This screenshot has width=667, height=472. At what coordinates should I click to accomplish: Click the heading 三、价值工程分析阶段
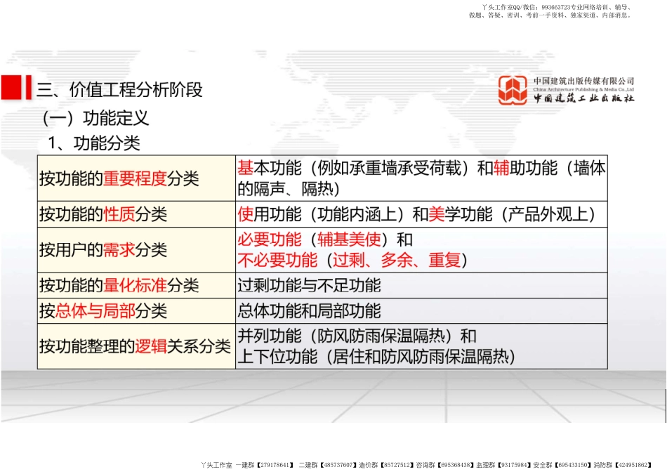pyautogui.click(x=119, y=90)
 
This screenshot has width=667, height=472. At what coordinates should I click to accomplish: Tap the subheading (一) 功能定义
pyautogui.click(x=96, y=117)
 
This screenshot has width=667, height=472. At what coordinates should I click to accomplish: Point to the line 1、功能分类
pyautogui.click(x=94, y=143)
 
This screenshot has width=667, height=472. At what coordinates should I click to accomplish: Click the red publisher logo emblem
pyautogui.click(x=513, y=91)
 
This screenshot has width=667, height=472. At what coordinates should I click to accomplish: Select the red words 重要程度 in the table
pyautogui.click(x=135, y=178)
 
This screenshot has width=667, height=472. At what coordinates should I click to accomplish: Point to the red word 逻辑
pyautogui.click(x=151, y=346)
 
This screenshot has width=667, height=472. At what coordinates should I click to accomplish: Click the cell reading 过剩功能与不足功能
pyautogui.click(x=310, y=285)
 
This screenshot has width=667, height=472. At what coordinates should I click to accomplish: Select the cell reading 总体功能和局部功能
pyautogui.click(x=310, y=310)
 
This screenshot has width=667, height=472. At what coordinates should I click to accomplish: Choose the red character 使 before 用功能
pyautogui.click(x=245, y=214)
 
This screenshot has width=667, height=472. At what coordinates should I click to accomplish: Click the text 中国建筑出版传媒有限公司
pyautogui.click(x=583, y=81)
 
